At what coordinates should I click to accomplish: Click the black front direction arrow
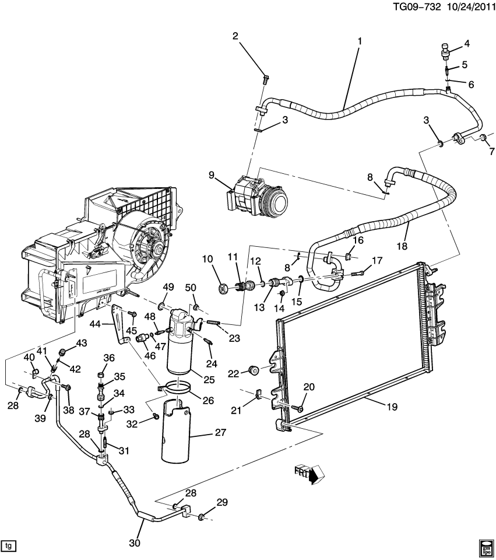coord(314,475)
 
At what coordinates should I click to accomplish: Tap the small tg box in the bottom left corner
coord(8,546)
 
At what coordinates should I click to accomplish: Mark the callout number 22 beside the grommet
coord(233,373)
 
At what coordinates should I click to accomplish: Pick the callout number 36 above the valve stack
coord(108,358)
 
